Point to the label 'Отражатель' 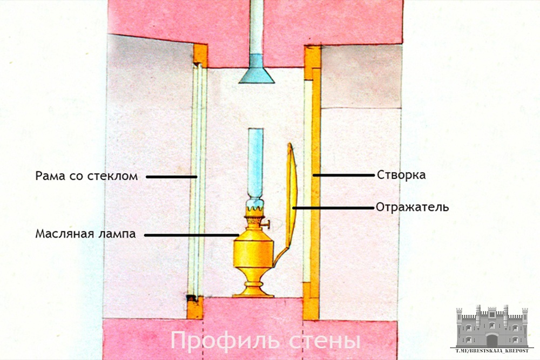pyautogui.click(x=412, y=207)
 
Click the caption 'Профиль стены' pyautogui.click(x=265, y=341)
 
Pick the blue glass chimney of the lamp pyautogui.click(x=255, y=162)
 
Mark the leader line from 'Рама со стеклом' pyautogui.click(x=171, y=176)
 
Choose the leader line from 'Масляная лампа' pyautogui.click(x=192, y=235)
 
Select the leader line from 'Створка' pyautogui.click(x=343, y=175)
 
